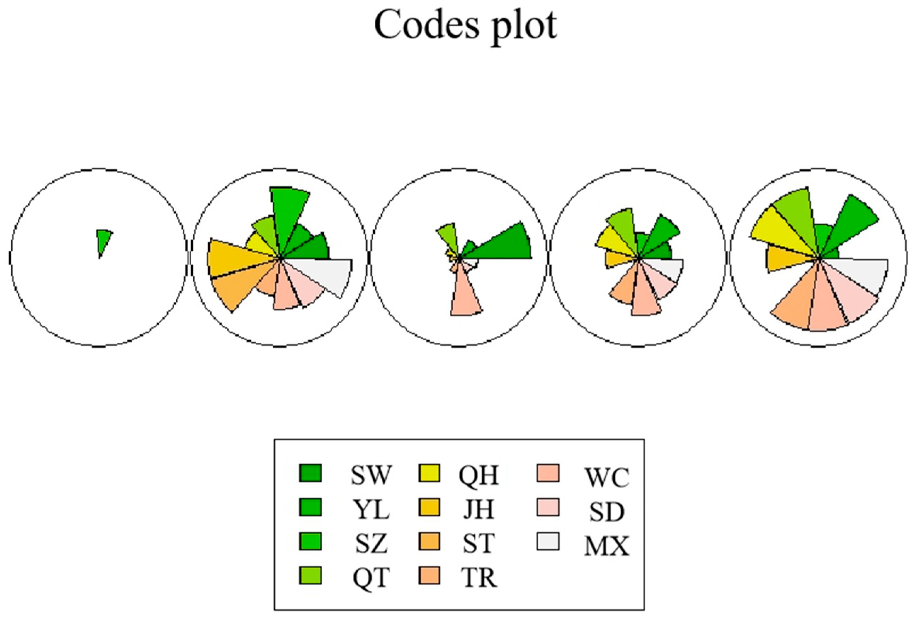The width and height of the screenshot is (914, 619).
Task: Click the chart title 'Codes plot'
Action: click(x=465, y=25)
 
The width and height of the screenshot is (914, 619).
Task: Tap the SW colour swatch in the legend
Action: click(x=310, y=473)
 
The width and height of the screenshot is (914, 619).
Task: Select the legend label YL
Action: click(x=370, y=510)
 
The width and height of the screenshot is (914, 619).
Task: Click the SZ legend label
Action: click(x=370, y=544)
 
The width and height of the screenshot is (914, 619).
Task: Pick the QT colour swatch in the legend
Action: click(x=310, y=576)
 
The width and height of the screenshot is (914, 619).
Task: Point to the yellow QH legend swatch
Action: click(x=429, y=473)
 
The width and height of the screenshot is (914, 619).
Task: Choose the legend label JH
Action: click(x=478, y=510)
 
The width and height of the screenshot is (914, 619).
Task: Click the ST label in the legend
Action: click(x=478, y=544)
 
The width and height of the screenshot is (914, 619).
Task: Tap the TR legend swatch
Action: click(x=429, y=576)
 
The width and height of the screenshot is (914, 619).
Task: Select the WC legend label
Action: click(x=607, y=477)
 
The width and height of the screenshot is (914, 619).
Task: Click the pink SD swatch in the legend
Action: click(x=548, y=507)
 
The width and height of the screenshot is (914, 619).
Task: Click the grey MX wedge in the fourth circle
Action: click(x=669, y=267)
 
